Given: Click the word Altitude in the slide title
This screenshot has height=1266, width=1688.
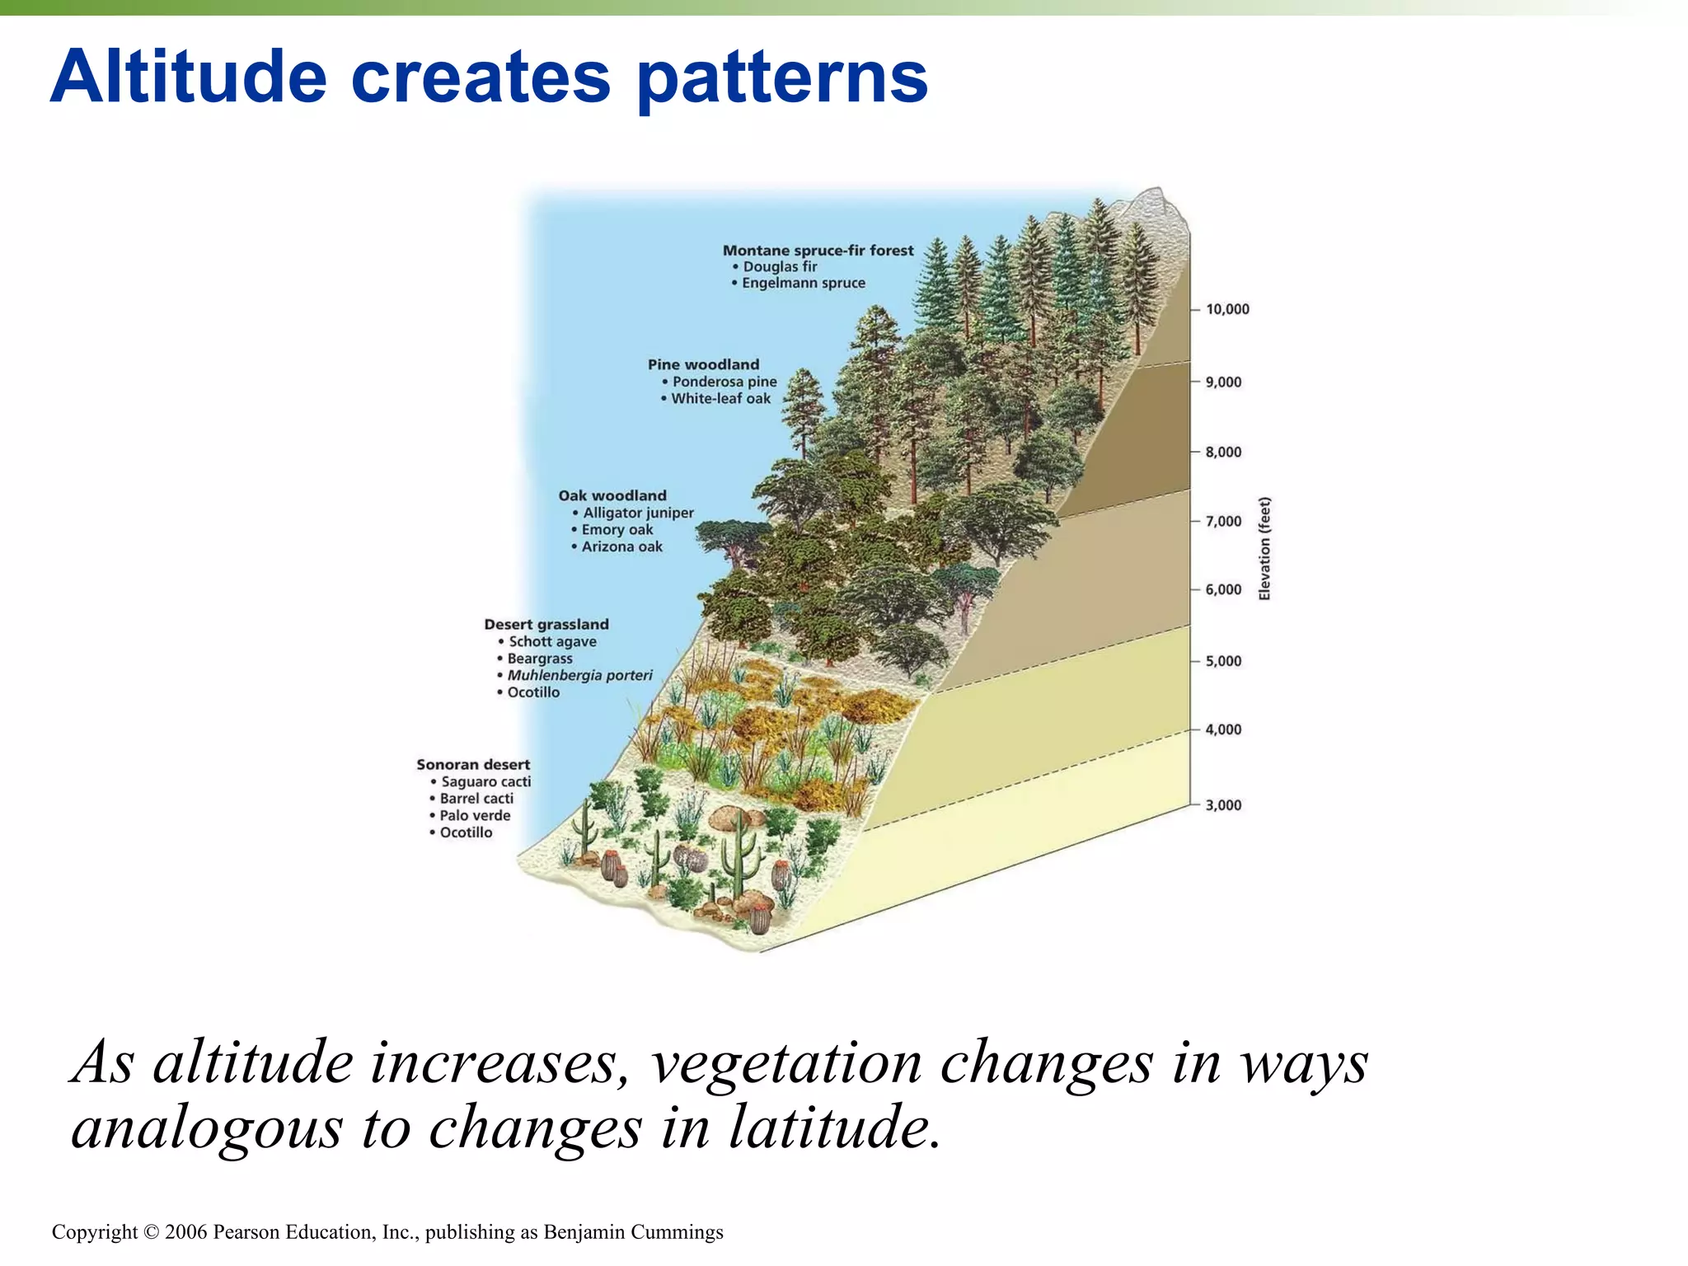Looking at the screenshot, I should pos(189,77).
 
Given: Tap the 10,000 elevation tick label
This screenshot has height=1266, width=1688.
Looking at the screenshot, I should pos(1227,309).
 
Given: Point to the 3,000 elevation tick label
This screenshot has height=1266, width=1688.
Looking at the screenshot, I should pos(1223,805).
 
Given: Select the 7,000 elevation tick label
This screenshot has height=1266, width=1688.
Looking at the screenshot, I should pos(1223,521).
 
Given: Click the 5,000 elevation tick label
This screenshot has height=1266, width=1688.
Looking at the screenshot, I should pos(1223,661).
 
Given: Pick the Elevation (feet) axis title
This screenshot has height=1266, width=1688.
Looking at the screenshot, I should pos(1264,549).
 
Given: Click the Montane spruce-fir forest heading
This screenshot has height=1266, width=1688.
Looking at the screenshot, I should pos(818,251).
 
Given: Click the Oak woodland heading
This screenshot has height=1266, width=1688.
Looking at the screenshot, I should pos(612,495).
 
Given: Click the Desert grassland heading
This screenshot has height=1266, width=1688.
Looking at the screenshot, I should pos(546,625).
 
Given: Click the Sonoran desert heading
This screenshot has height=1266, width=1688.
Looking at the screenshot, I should pos(473,765).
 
